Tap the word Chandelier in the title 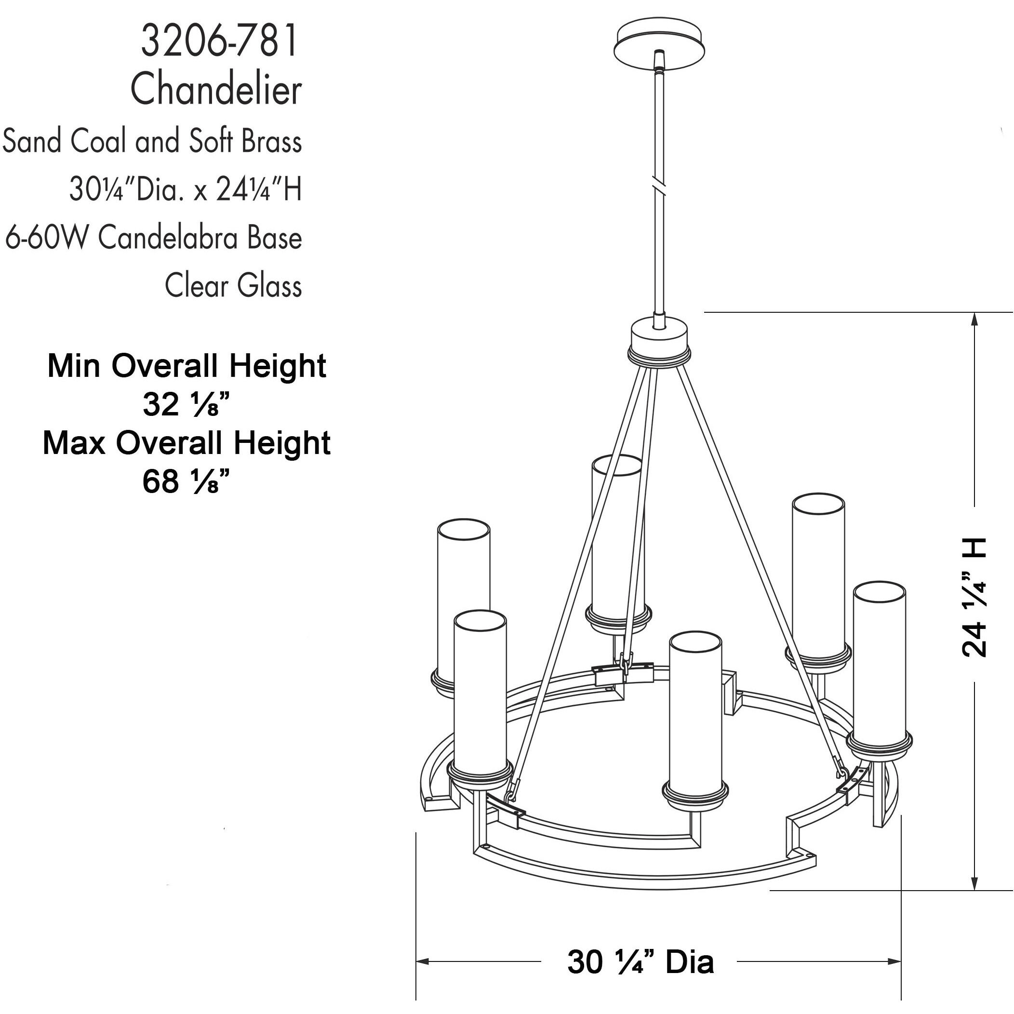coord(216,90)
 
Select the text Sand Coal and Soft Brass coord(152,141)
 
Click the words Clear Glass coord(233,286)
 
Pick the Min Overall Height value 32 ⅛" coord(187,405)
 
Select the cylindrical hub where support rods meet coord(659,340)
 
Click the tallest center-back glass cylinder coord(617,535)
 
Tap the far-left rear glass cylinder coord(463,572)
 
